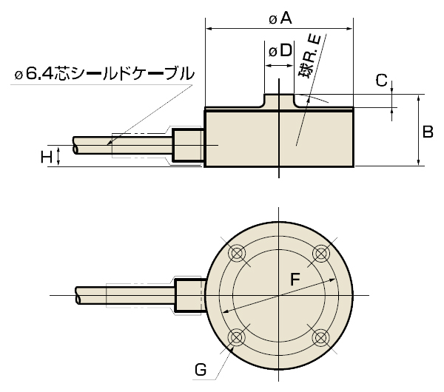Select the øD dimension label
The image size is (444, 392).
tap(278, 51)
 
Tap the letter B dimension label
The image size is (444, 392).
tap(427, 132)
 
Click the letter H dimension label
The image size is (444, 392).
tap(46, 156)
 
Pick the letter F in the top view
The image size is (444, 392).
tap(295, 280)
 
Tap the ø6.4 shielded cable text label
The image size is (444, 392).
tap(104, 74)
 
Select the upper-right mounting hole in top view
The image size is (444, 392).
tap(320, 254)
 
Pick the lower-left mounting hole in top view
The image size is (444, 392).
tap(237, 337)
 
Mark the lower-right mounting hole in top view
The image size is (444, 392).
tap(320, 337)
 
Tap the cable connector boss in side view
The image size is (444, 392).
tap(188, 146)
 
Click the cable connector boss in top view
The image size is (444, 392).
tap(188, 295)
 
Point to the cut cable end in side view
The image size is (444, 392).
tap(77, 146)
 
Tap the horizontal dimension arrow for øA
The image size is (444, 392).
tap(244, 29)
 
